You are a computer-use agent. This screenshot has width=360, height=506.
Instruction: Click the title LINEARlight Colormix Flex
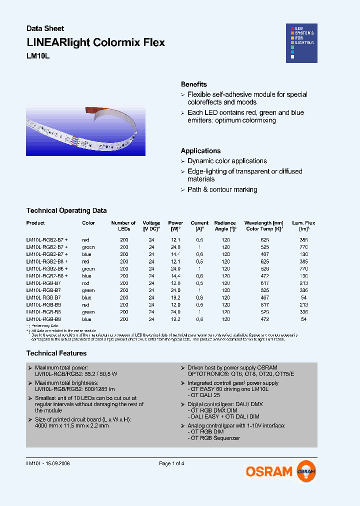(95, 42)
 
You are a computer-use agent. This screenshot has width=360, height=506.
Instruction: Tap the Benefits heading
(194, 84)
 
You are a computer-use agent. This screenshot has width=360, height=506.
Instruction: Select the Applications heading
(200, 151)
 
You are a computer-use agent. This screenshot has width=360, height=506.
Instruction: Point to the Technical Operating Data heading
(66, 211)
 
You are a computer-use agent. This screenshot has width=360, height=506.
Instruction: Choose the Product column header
(35, 223)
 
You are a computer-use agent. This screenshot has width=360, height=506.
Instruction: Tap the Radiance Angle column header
(225, 225)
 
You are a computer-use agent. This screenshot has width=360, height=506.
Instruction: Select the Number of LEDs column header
(123, 225)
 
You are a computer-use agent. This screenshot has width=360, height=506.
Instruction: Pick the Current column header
(199, 225)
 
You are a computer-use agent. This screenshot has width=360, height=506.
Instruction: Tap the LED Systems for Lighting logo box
(301, 43)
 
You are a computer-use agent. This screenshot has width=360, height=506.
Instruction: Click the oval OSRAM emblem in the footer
(306, 471)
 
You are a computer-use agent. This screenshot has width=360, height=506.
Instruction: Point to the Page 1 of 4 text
(171, 463)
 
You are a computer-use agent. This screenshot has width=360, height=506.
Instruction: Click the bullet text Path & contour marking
(222, 190)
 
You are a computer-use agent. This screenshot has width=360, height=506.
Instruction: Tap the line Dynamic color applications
(227, 161)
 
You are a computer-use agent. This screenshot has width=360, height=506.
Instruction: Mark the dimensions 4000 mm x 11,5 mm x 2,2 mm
(72, 426)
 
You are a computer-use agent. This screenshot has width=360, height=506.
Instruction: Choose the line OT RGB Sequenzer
(214, 438)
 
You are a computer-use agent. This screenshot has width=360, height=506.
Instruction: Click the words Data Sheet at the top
(45, 28)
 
